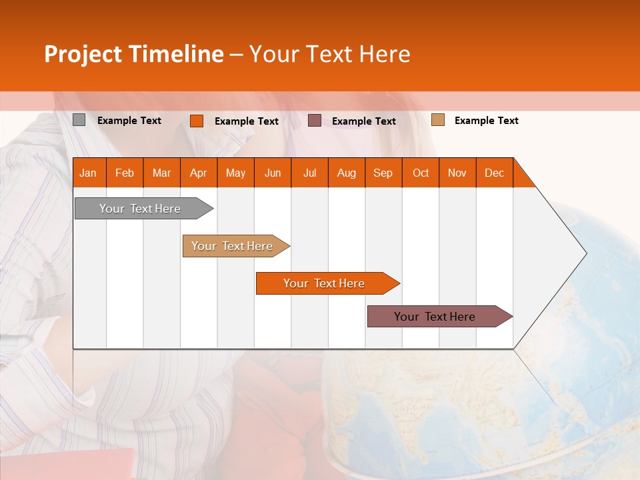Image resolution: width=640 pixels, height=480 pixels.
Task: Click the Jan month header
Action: point(88,173)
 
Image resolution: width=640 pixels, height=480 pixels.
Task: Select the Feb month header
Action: point(125,173)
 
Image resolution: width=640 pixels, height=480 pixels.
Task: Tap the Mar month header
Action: point(161,173)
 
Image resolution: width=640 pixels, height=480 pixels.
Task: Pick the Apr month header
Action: point(198,173)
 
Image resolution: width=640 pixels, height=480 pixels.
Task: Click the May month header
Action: point(235,173)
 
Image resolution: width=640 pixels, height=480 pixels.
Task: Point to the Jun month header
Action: point(273,173)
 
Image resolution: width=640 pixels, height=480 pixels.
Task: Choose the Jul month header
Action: point(309,173)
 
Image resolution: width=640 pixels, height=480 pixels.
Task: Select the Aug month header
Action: point(346,173)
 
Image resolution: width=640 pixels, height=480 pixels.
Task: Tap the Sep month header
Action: point(383,173)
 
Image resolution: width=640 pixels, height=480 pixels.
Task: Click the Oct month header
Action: point(421,173)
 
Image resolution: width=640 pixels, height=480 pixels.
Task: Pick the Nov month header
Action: point(457,173)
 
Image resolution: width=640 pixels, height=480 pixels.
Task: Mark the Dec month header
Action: point(494,173)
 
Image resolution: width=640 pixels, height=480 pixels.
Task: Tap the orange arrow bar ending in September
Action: point(325,283)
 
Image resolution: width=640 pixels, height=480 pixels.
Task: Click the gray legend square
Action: point(79,120)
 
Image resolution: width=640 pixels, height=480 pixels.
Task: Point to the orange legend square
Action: point(197,121)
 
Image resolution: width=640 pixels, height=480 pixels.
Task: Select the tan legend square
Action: point(437,120)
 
